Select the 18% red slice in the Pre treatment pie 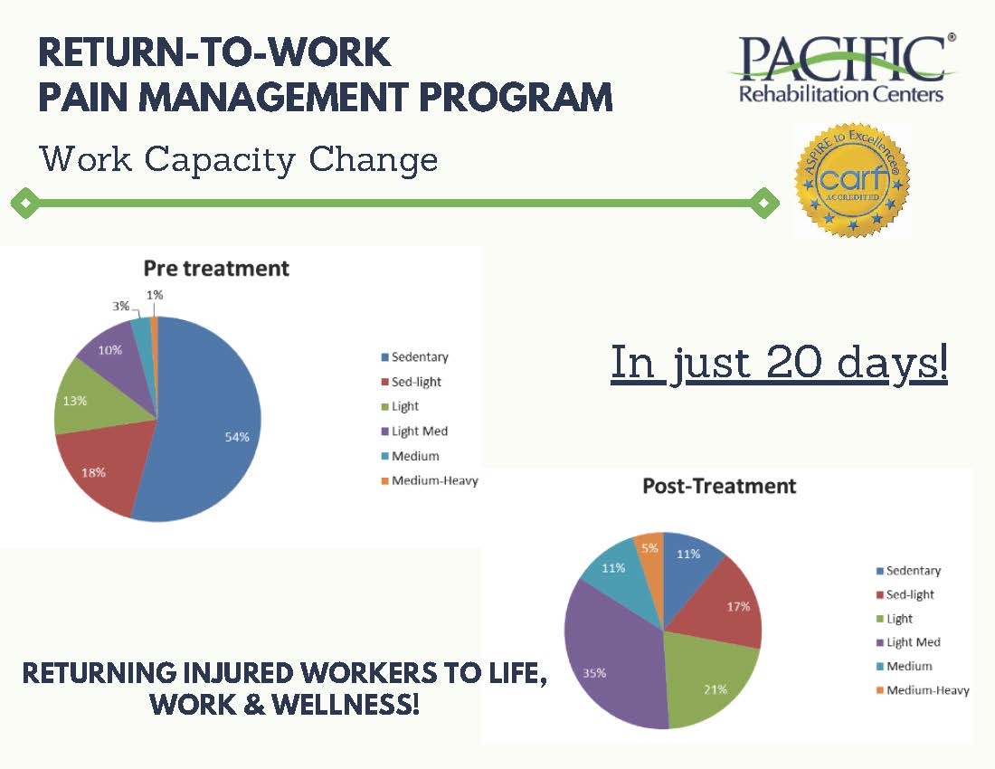coord(101,470)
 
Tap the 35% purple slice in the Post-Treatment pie coord(609,660)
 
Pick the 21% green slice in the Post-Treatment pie coord(707,682)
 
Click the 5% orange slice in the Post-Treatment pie coord(651,558)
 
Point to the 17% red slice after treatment coord(730,603)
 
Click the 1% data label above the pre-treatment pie coord(155,295)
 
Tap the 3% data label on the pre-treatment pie coord(120,306)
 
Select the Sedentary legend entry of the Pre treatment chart coord(414,357)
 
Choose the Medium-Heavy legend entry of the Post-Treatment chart coord(923,690)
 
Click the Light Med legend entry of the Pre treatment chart coord(414,432)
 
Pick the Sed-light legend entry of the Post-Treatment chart coord(905,594)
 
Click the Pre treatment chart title coord(216,269)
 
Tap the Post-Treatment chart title coord(719,486)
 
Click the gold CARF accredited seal coord(852,180)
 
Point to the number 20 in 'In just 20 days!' coord(793,362)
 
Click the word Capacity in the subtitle coord(220,159)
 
